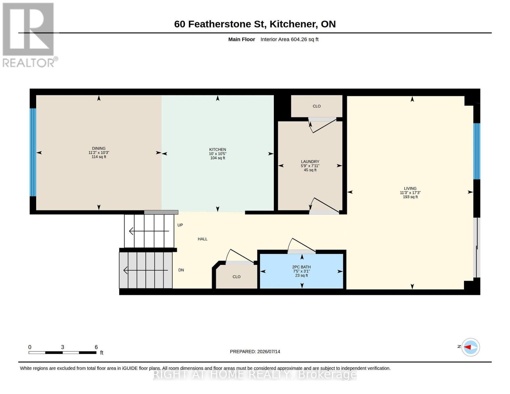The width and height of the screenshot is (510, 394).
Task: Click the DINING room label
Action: [99, 148]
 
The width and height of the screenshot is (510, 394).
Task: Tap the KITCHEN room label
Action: [218, 149]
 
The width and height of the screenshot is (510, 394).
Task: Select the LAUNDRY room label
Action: [310, 162]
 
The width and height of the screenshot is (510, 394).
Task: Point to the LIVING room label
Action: [410, 188]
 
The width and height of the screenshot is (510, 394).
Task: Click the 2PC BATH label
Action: [301, 267]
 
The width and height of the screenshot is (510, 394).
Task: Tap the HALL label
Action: [203, 239]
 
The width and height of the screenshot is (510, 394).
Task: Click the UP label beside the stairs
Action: [180, 225]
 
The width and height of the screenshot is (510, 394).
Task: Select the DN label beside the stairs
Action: [181, 270]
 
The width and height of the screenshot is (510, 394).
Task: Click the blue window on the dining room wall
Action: [33, 152]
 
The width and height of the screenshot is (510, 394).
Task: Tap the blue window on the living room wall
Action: [477, 151]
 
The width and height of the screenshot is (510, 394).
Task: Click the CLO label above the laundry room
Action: [317, 106]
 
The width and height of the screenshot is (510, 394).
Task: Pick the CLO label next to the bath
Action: [236, 277]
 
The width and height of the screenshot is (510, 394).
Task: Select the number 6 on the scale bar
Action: [96, 347]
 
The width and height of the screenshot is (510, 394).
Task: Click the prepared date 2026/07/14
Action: [269, 352]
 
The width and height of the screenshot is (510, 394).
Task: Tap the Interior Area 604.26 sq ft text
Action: [289, 39]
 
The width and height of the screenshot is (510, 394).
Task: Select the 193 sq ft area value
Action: [410, 197]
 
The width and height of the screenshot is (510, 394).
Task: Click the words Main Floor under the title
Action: [241, 39]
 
